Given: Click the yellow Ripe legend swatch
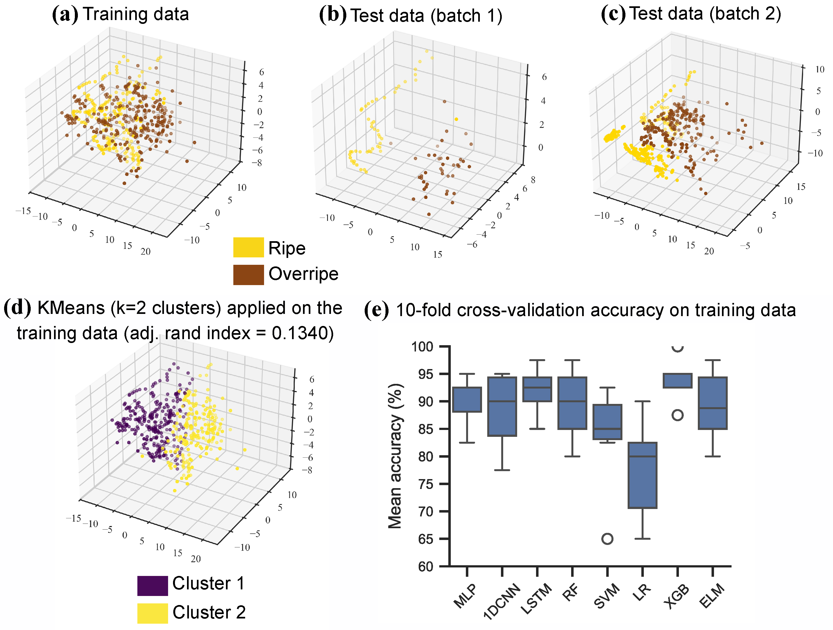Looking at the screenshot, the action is coord(248,248).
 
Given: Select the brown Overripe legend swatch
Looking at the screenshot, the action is coord(248,275).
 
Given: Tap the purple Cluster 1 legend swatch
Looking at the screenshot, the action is coord(152,586).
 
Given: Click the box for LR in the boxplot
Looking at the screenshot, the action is coord(642,476).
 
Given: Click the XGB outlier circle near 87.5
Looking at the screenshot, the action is coord(678,415).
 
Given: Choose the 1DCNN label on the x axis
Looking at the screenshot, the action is coord(501,601).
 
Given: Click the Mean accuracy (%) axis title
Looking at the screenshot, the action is coord(395,456).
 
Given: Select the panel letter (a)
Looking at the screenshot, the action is coord(65,14).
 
